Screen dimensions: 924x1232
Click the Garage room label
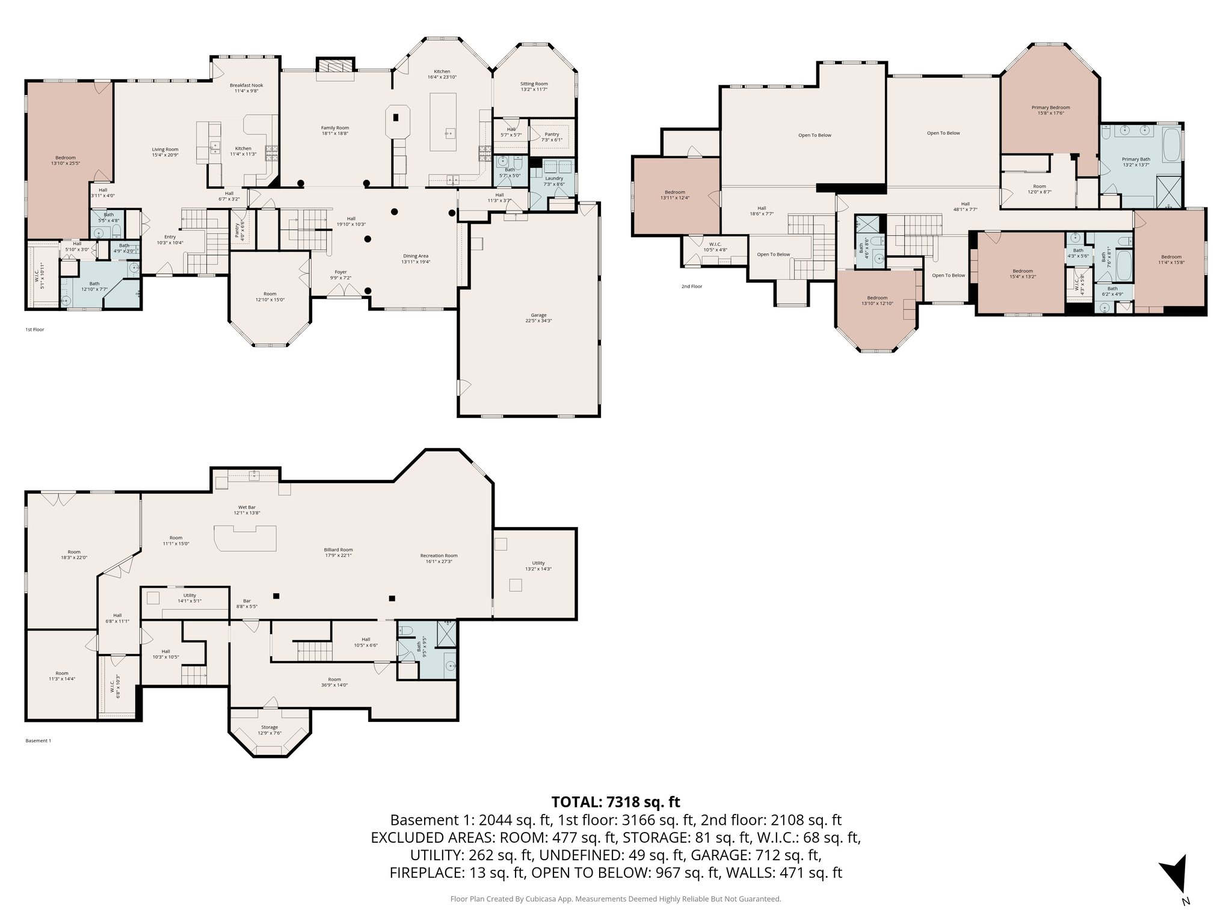(x=538, y=318)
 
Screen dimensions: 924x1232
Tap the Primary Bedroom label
(x=1050, y=110)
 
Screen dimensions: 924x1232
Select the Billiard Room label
(x=338, y=552)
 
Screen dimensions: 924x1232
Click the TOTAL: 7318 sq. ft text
(x=615, y=802)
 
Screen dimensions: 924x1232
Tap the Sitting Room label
(x=534, y=87)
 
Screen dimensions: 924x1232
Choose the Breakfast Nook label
(x=246, y=88)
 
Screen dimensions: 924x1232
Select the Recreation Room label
(x=439, y=558)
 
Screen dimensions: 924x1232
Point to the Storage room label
(x=269, y=730)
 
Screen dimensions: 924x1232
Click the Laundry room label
(x=553, y=180)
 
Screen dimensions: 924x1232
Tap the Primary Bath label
(x=1136, y=162)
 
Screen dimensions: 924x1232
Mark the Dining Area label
(x=416, y=259)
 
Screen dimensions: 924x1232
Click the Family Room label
(x=334, y=131)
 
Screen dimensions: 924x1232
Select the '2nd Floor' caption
(x=691, y=286)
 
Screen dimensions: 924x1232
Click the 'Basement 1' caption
(x=38, y=741)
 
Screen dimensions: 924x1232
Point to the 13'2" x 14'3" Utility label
(x=538, y=565)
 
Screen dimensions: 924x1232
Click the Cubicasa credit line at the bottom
(x=615, y=899)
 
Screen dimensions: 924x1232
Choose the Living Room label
(x=164, y=152)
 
